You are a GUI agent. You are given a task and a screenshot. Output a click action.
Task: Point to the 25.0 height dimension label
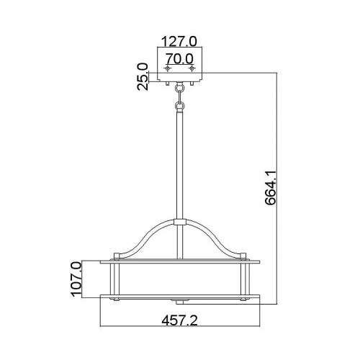coord(143,75)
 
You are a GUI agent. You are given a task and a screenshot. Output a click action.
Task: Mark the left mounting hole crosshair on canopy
coord(168,68)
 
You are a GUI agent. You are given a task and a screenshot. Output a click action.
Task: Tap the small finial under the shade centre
coord(180,298)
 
